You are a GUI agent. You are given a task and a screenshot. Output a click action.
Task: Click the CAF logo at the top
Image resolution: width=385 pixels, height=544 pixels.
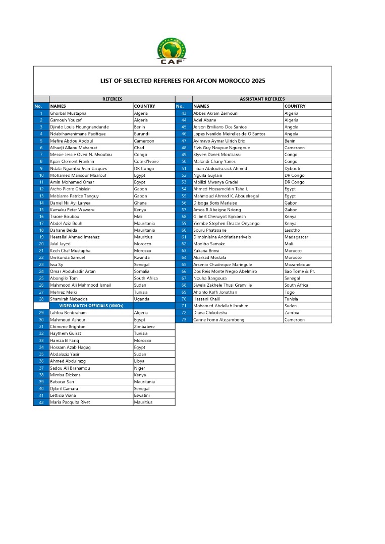point(172,51)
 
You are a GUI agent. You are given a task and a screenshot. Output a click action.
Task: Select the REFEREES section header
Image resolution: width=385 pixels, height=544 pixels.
point(112,99)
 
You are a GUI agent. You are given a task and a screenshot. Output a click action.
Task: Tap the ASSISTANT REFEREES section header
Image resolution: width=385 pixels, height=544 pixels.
point(262,99)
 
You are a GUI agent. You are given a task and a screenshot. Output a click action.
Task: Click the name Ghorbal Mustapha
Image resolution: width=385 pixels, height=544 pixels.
point(68,113)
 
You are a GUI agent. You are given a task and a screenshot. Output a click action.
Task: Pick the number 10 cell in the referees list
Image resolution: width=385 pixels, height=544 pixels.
point(40,175)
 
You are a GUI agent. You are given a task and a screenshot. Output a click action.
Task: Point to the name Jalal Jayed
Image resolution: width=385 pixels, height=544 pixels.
point(60,244)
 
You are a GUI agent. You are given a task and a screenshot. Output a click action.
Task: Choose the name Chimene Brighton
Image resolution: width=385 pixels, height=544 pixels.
point(68,326)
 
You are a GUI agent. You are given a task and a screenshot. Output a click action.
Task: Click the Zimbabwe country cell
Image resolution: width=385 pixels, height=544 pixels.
point(145,326)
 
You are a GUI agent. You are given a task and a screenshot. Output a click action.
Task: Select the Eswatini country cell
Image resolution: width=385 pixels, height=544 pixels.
point(143,395)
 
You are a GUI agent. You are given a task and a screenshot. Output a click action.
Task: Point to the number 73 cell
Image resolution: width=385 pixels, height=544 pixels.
point(184,320)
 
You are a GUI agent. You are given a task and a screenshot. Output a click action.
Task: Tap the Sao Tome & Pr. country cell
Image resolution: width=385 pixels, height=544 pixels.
point(299,271)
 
